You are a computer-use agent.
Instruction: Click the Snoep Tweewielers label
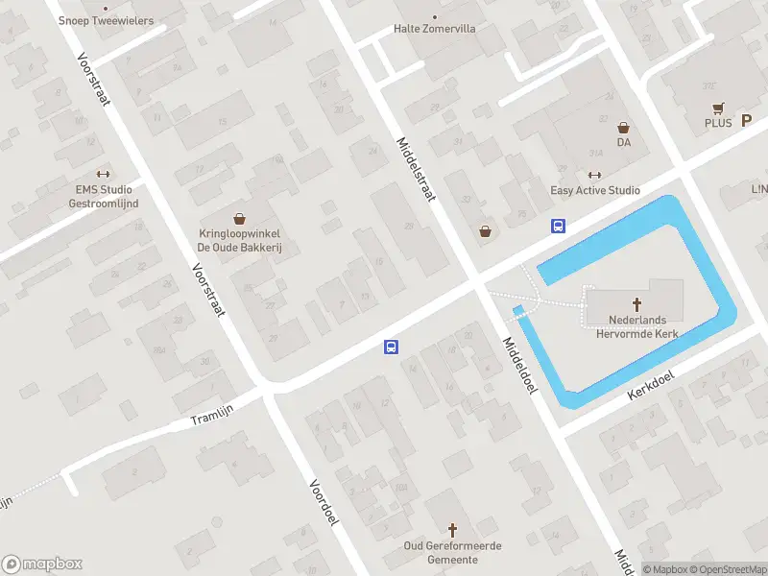106,19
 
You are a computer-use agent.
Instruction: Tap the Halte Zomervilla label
434,28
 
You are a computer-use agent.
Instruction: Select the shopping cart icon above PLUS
716,108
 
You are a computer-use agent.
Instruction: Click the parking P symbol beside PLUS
745,122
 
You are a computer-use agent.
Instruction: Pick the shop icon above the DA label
623,127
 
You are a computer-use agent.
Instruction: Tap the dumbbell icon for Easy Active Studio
594,175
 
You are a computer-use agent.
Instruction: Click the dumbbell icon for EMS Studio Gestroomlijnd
105,175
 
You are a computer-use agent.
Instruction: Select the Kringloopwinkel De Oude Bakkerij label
239,239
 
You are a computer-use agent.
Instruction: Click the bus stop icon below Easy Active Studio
557,227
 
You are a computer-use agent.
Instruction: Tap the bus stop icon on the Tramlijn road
392,347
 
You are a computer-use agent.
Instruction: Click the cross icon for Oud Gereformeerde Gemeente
453,530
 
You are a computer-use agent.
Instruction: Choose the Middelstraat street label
416,169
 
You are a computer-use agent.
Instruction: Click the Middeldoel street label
518,364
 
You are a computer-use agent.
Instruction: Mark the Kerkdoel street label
650,387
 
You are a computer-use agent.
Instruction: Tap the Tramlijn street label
211,414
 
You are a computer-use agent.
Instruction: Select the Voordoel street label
324,501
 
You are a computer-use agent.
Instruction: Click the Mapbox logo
42,564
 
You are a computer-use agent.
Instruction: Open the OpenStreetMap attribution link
727,569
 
